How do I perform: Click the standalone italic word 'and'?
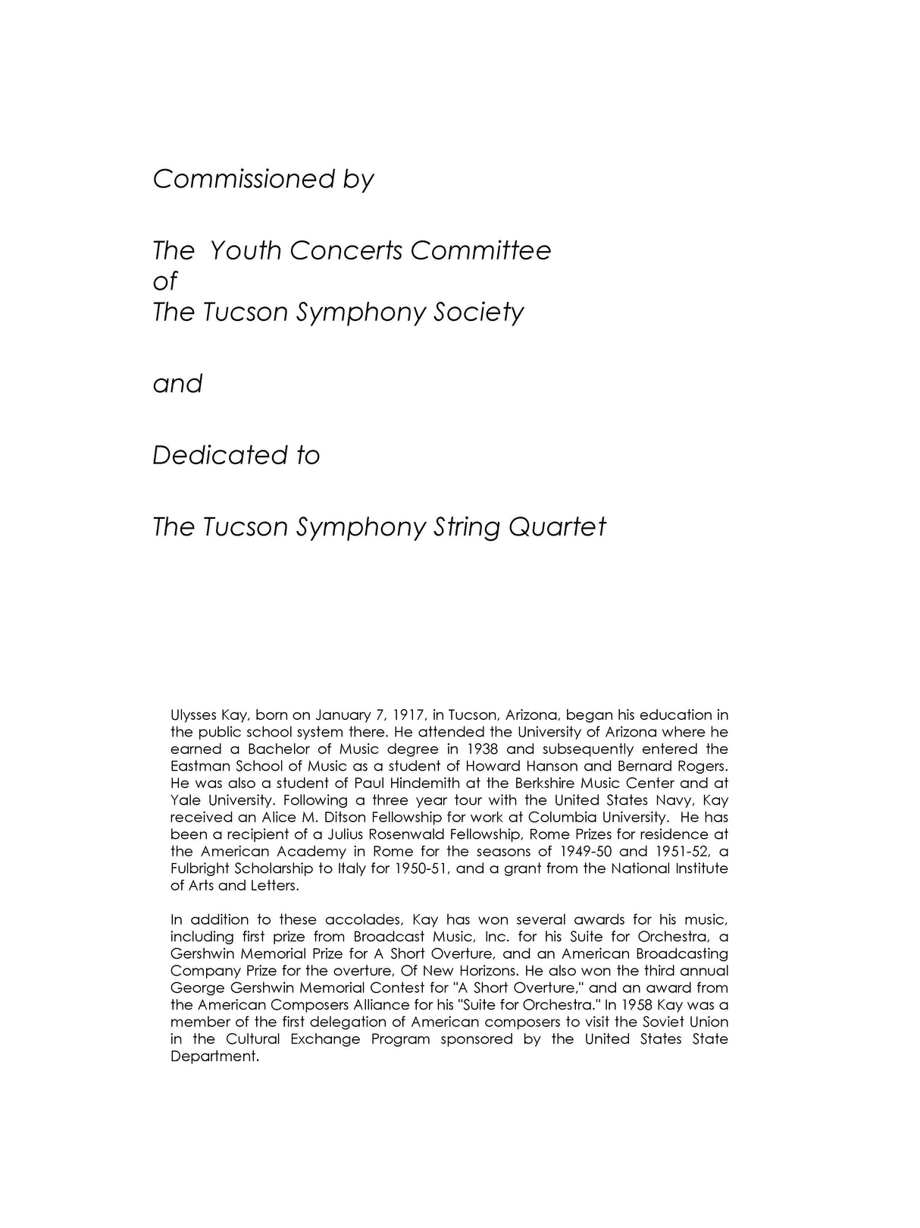pos(177,384)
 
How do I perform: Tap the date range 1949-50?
pos(584,851)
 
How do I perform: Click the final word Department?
pos(214,1057)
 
